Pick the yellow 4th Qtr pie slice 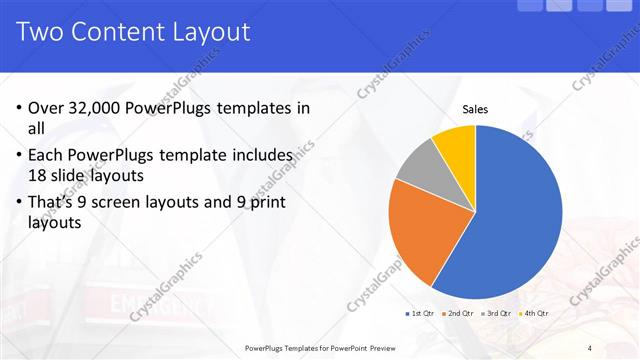coord(456,143)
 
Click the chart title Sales coord(475,111)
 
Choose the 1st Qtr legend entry coord(419,313)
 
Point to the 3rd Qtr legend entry coord(497,313)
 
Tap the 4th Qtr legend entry coord(534,313)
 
